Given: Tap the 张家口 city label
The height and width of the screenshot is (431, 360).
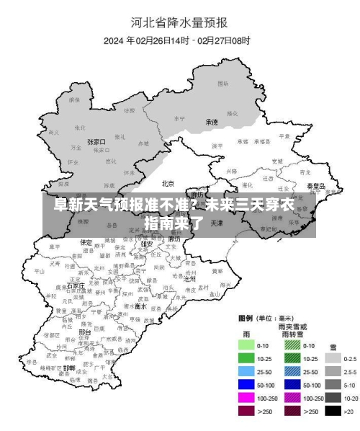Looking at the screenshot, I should [x=96, y=142].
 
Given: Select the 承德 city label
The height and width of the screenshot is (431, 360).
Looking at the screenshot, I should [x=211, y=123].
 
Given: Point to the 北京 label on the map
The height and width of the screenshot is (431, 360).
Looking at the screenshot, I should [x=168, y=183].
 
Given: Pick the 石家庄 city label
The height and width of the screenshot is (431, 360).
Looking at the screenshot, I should [x=76, y=285].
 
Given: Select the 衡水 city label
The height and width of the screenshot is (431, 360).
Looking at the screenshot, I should [x=141, y=306].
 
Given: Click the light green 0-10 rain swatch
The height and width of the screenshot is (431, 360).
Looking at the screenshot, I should [x=247, y=346].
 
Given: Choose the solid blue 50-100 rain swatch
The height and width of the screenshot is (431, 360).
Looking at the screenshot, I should [x=247, y=385].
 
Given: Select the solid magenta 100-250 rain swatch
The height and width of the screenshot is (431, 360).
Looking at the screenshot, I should [x=247, y=398].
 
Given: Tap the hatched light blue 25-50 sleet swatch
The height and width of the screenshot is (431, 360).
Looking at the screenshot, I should [x=292, y=372].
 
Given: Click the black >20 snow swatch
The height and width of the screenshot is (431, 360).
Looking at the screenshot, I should [x=333, y=411].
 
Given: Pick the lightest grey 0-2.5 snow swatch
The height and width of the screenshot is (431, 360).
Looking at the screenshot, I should [x=333, y=358].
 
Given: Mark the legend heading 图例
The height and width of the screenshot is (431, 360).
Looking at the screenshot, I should [x=248, y=318].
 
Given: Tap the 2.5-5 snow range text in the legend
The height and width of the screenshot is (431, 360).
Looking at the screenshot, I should [x=351, y=372].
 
